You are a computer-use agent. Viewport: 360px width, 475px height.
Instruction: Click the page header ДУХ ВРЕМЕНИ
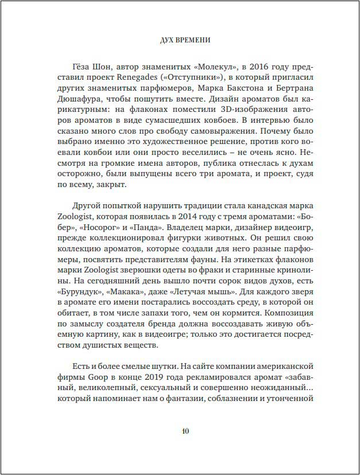click(x=180, y=40)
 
